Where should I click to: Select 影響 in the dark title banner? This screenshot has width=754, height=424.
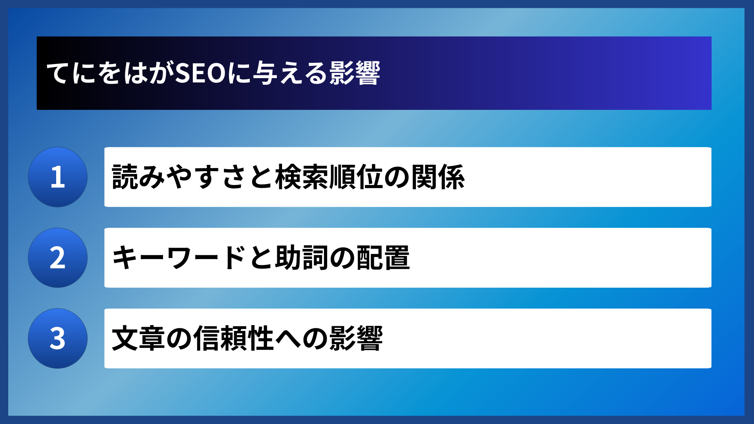coord(355,73)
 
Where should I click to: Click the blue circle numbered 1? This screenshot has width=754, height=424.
coord(58,177)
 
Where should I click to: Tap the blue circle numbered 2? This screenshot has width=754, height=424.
coord(58,258)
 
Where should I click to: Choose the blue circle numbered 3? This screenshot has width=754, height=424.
coord(58,338)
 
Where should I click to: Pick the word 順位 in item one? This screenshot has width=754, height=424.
coord(356,177)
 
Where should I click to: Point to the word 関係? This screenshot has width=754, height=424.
coord(438,177)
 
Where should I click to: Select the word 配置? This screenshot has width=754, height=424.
coord(383,258)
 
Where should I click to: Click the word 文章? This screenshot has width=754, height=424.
coord(138,338)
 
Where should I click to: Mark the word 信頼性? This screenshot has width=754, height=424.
coord(234,338)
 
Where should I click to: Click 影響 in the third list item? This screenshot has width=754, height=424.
coord(356,338)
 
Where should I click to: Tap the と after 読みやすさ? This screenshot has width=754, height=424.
coord(261,177)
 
